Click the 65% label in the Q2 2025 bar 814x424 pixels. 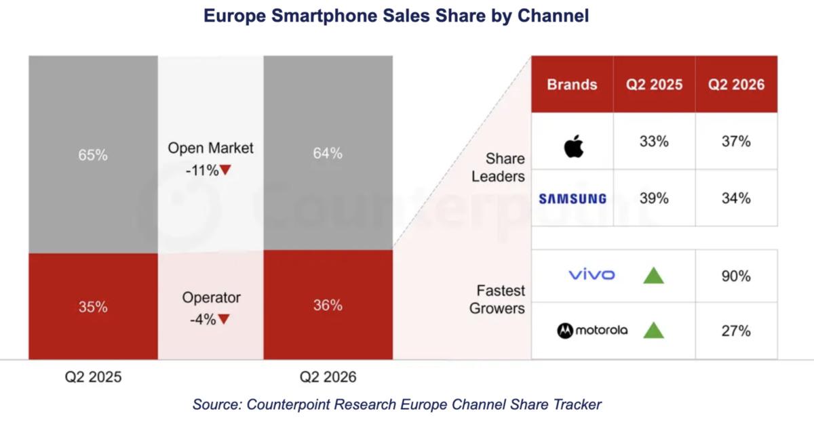[93, 155]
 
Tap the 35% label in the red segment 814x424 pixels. [93, 307]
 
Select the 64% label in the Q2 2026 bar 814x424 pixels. [328, 153]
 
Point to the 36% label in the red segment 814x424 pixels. [328, 305]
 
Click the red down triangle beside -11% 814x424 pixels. [225, 169]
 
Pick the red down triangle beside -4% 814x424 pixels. [224, 319]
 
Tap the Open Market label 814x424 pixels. [210, 148]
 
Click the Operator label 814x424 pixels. [211, 297]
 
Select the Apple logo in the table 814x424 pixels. [574, 146]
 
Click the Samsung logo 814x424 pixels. [573, 198]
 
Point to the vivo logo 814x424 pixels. [592, 274]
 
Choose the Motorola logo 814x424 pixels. [592, 331]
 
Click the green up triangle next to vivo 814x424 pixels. [653, 276]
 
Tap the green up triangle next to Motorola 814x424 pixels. [653, 331]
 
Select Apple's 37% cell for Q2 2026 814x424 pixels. [736, 141]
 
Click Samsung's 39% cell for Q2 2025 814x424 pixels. [654, 198]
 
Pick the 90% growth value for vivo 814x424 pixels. [736, 276]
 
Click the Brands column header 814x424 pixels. [573, 85]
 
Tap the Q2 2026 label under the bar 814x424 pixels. [328, 377]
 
